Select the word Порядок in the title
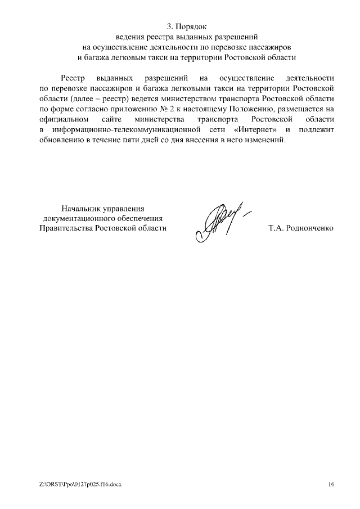[191, 26]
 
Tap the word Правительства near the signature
[65, 228]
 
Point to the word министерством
[182, 98]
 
